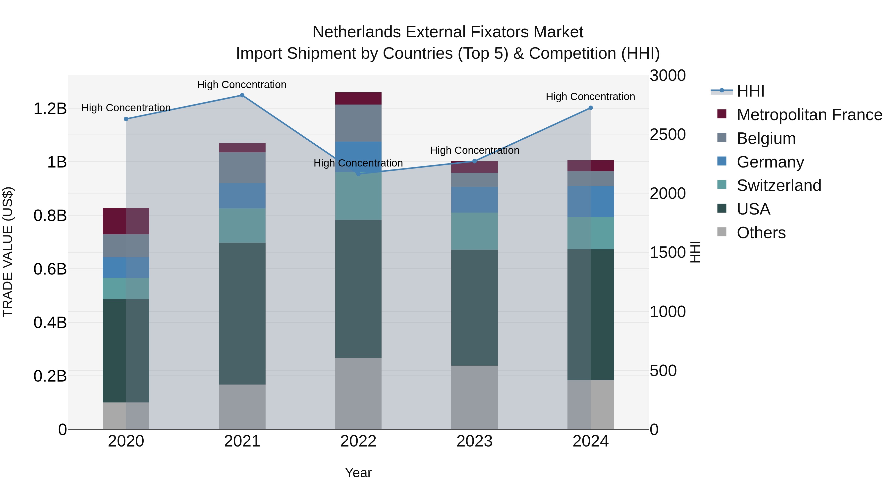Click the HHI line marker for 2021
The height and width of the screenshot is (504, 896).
pyautogui.click(x=242, y=95)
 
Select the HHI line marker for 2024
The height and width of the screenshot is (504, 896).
pyautogui.click(x=591, y=108)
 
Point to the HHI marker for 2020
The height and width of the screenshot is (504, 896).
pyautogui.click(x=126, y=119)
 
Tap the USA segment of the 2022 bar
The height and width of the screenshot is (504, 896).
pyautogui.click(x=358, y=289)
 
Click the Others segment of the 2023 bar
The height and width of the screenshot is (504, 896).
pyautogui.click(x=474, y=397)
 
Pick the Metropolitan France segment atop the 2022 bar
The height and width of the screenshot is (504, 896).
pyautogui.click(x=358, y=98)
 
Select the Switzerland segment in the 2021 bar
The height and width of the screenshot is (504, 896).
pyautogui.click(x=242, y=225)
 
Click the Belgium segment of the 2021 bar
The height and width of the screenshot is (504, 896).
pyautogui.click(x=242, y=168)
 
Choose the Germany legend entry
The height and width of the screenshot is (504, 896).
pyautogui.click(x=770, y=162)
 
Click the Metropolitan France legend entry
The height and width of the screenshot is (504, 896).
pyautogui.click(x=809, y=115)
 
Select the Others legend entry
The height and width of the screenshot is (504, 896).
pyautogui.click(x=761, y=233)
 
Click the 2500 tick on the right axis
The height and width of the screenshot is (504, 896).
pyautogui.click(x=668, y=135)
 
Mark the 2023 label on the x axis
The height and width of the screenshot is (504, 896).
pyautogui.click(x=474, y=441)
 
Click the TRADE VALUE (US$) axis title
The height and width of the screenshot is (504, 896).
pyautogui.click(x=8, y=252)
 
